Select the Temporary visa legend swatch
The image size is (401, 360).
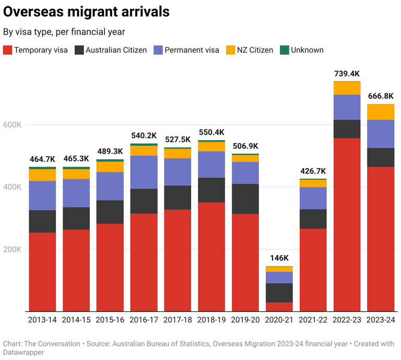7,50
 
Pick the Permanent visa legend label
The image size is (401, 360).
192,50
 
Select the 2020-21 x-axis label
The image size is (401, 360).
279,320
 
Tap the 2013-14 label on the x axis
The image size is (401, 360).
42,320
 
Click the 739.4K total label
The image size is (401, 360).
347,74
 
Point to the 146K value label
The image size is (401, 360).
279,258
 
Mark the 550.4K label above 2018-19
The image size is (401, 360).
211,132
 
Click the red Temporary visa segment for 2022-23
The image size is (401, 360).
347,225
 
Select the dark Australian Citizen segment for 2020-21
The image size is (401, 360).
279,293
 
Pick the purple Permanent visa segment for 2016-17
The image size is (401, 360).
144,172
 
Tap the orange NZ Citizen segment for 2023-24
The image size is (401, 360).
381,112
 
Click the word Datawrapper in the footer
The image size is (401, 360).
24,352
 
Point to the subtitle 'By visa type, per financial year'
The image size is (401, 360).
64,32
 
